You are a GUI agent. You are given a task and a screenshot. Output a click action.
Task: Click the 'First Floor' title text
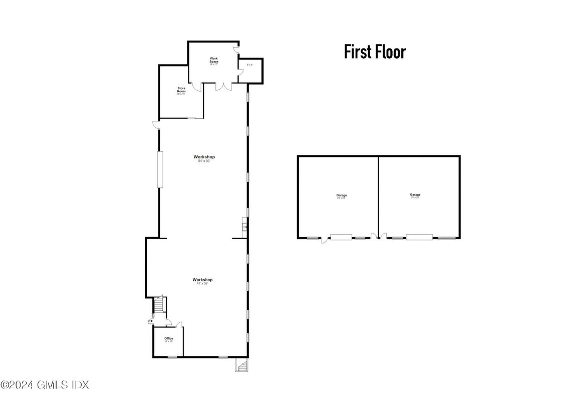coord(375,52)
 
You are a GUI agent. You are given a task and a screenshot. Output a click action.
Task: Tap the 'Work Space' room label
coord(214,61)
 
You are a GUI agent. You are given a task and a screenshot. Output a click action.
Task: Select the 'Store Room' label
coord(181,91)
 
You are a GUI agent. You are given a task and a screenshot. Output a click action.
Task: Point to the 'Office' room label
coord(168,339)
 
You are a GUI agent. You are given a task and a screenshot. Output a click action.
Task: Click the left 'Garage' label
coord(342,196)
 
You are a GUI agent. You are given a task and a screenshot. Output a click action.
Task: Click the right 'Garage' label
coord(415,195)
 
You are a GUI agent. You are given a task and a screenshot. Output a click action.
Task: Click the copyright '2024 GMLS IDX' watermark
coord(45,385)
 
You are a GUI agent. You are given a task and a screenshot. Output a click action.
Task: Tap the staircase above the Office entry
coord(159,304)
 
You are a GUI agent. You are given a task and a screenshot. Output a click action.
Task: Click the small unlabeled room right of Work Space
coord(250,70)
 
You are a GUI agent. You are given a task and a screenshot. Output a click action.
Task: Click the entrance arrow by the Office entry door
coord(150,321)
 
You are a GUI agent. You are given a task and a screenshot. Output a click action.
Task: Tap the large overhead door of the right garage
coord(419,237)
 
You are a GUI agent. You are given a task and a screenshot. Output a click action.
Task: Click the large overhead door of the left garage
coord(341,237)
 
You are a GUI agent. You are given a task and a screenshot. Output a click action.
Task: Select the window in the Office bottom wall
coord(172,357)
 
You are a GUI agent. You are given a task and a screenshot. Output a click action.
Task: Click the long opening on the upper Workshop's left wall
coord(160,169)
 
